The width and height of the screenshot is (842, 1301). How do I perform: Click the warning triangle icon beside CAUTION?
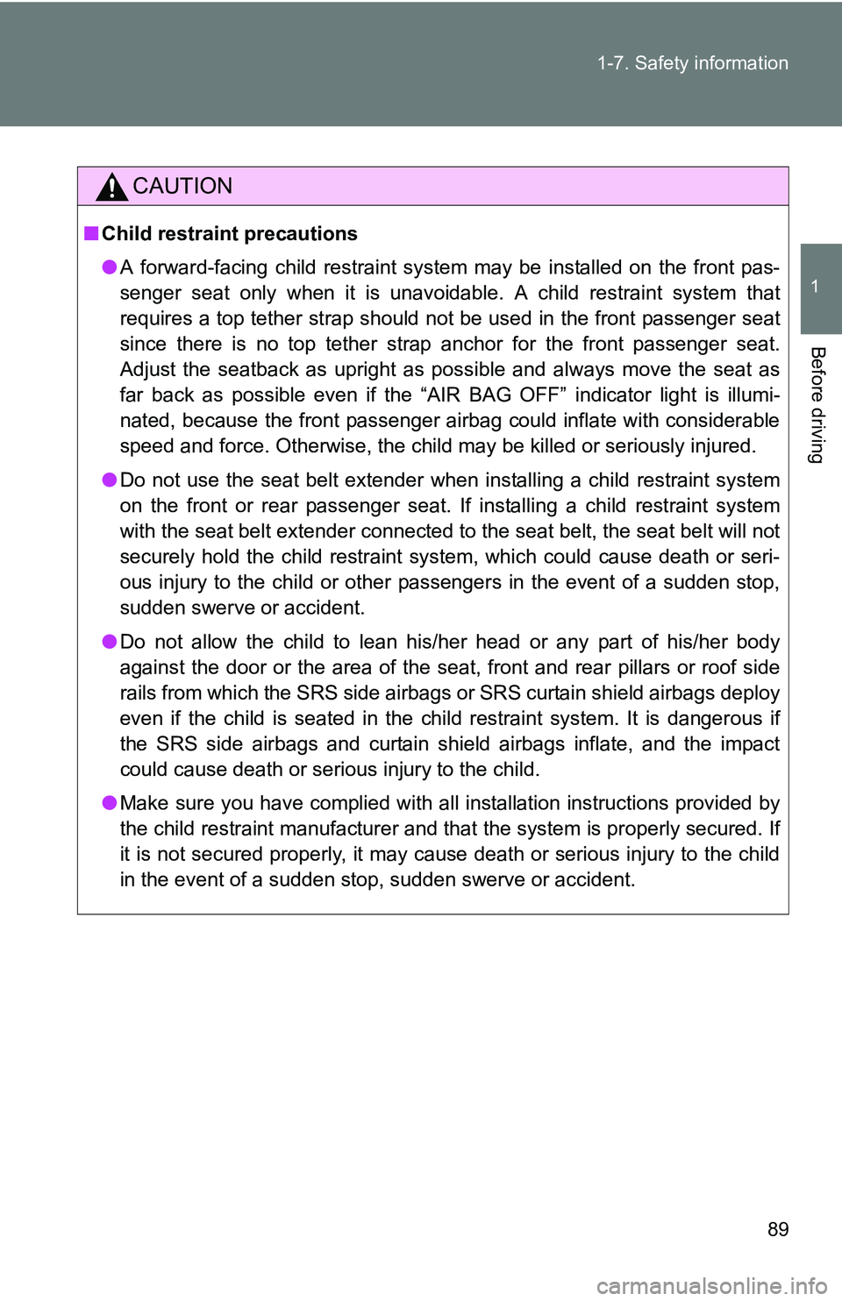tap(111, 187)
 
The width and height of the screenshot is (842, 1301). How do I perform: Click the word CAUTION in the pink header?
tap(182, 186)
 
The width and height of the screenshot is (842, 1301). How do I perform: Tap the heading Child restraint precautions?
tap(229, 233)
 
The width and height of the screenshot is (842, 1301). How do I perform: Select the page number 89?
tap(777, 1229)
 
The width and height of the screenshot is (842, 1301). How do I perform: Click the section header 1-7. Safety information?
tap(692, 63)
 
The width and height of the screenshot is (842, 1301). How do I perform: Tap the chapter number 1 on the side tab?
tap(815, 287)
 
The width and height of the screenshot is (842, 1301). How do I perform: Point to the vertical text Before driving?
tap(817, 404)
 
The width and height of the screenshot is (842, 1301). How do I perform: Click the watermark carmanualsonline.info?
tap(711, 1286)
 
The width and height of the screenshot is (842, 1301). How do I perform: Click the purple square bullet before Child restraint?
tap(91, 233)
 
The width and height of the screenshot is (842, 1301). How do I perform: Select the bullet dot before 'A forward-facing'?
tap(109, 267)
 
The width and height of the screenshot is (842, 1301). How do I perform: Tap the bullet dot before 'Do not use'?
tap(109, 480)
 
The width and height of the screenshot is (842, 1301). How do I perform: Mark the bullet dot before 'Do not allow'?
tap(109, 641)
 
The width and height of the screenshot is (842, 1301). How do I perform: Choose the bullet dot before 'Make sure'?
tap(109, 802)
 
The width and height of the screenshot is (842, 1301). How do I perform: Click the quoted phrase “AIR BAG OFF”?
tap(491, 395)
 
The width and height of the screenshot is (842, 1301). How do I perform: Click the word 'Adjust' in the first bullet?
tap(147, 369)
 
